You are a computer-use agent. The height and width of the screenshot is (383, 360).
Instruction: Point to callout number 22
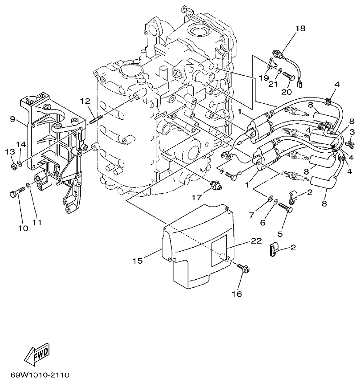click(x=256, y=240)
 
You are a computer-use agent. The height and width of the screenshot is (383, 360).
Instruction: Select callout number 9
click(x=13, y=119)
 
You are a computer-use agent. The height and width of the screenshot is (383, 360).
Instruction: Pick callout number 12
click(x=85, y=101)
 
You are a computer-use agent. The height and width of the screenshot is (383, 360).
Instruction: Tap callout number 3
click(x=352, y=131)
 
